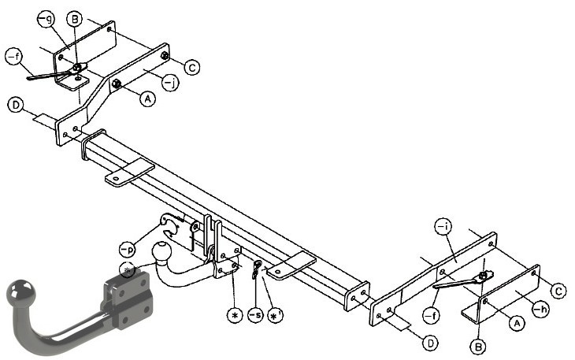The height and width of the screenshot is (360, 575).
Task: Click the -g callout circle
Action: (x=46, y=20)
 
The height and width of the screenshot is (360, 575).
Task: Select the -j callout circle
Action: (x=170, y=82)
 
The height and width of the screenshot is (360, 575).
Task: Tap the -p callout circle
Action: (x=128, y=249)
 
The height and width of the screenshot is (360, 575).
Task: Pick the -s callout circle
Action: (x=255, y=314)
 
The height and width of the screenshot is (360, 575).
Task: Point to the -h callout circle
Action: (x=540, y=310)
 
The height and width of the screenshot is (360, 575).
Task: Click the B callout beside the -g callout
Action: (x=75, y=19)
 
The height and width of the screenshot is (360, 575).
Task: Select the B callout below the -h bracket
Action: (x=478, y=346)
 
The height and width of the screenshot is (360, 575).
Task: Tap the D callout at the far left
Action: (x=16, y=105)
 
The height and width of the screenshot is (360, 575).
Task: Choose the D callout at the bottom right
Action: (x=430, y=343)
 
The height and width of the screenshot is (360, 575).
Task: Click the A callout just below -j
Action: (x=147, y=98)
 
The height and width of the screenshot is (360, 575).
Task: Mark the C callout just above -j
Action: (x=192, y=67)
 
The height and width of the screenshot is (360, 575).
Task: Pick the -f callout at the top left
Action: (x=14, y=58)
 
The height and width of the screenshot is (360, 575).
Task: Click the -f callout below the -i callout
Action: (x=432, y=315)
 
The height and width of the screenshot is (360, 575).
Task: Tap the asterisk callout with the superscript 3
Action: (x=275, y=314)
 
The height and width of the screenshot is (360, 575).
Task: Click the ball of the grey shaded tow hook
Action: (x=21, y=291)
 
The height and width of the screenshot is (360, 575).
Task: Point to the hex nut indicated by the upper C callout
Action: (x=165, y=56)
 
